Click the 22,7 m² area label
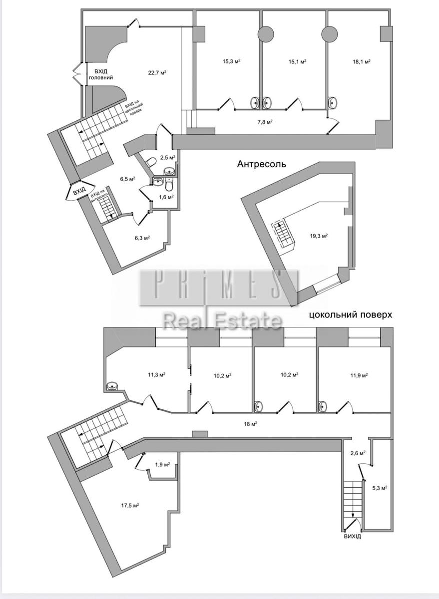click(x=157, y=72)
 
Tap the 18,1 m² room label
click(x=362, y=61)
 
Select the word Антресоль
click(x=262, y=164)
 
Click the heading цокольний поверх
click(x=351, y=315)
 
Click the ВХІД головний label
click(x=100, y=74)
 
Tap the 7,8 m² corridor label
click(x=265, y=122)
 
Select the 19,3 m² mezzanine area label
click(x=319, y=236)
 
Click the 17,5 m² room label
click(x=130, y=505)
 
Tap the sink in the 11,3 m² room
click(x=111, y=385)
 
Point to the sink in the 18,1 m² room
click(x=333, y=102)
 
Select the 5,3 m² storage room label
click(x=380, y=488)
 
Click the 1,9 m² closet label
click(x=163, y=465)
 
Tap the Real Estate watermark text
click(x=223, y=320)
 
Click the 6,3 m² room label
click(x=142, y=238)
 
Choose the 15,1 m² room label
click(x=297, y=61)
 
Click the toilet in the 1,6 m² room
click(x=169, y=185)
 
